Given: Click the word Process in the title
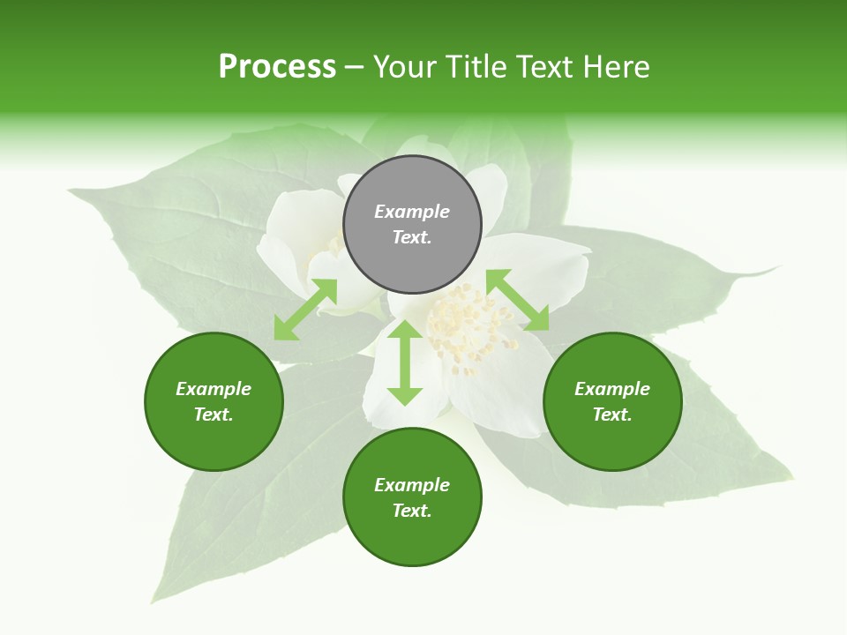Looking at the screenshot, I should coord(277,67).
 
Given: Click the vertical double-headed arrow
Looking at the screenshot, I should coord(405,362).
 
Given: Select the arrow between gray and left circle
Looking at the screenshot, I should coord(305,310).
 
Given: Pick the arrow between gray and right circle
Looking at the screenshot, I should coord(517,300).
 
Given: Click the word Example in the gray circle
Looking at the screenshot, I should coord(412,212).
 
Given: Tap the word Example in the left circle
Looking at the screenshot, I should coord(214,389).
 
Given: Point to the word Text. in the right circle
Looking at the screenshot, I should coord(611,415).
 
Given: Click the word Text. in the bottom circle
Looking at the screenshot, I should coord(412,511).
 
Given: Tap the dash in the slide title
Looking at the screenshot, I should coord(355,67).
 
